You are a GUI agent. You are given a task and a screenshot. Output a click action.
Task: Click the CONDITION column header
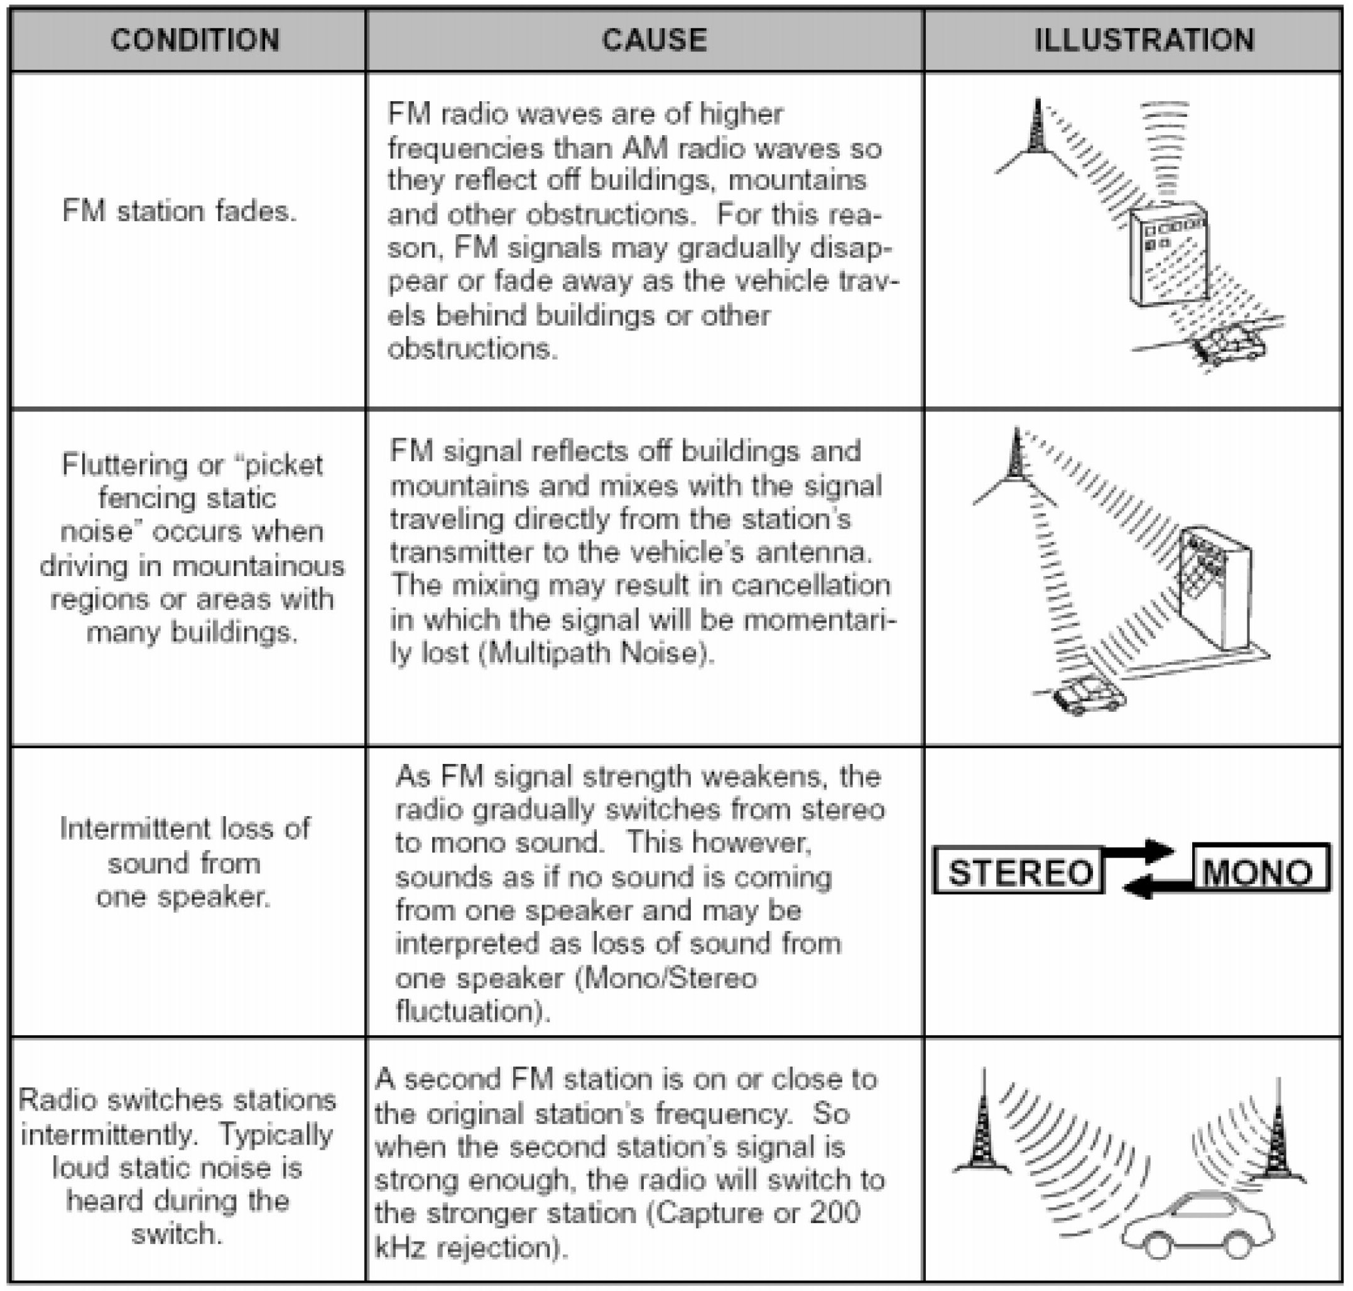(195, 40)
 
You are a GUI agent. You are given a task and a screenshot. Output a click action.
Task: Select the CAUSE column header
(654, 40)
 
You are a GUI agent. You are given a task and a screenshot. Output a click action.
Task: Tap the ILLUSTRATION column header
(1144, 40)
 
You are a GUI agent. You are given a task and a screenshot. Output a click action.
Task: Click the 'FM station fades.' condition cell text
(179, 211)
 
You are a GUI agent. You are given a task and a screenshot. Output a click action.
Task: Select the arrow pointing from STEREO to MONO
(1139, 852)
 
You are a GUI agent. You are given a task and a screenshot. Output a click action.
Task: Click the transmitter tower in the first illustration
(1036, 131)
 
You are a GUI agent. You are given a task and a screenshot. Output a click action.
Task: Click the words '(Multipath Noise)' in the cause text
(595, 652)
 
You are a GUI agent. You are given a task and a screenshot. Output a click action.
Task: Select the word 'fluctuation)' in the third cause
(473, 1011)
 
